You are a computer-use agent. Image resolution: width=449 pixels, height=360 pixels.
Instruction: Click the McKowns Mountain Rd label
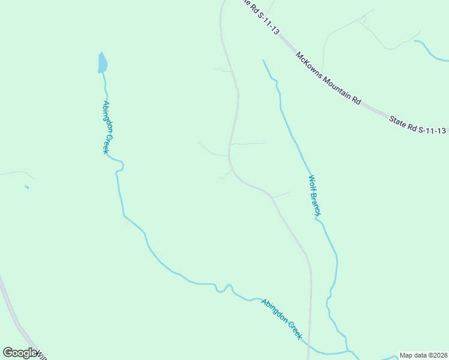tap(328, 78)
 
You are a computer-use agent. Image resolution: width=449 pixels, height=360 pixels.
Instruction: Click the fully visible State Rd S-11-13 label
tap(418, 125)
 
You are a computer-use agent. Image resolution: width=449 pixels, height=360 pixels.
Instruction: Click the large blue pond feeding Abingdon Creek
tap(103, 62)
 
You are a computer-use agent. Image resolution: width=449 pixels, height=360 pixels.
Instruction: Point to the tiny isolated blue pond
tap(26, 187)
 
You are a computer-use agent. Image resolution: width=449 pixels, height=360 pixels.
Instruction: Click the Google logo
tap(20, 353)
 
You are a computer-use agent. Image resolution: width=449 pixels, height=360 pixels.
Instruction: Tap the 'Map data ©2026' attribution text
tap(424, 355)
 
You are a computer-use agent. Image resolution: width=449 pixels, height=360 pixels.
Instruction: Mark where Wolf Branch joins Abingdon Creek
tap(349, 350)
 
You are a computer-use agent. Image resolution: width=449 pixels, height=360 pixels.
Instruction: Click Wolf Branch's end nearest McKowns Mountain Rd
tap(264, 60)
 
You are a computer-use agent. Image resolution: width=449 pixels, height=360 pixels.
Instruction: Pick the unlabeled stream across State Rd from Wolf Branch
tap(431, 52)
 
